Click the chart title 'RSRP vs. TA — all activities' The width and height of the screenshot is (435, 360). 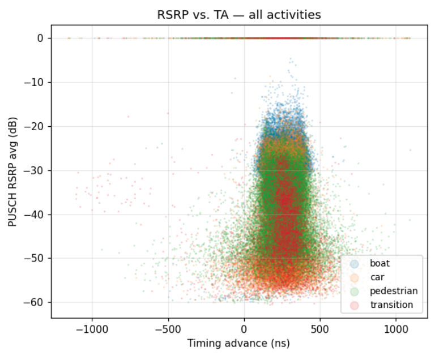(238, 15)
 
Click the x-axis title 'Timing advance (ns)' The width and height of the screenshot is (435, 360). (238, 343)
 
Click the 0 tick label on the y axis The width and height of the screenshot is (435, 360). (41, 38)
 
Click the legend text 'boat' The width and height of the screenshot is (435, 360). (379, 263)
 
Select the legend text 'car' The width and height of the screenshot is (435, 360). (377, 277)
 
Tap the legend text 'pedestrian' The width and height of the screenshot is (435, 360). (394, 291)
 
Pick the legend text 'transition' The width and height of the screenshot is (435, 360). (391, 305)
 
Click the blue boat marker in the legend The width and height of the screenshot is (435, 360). (354, 263)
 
